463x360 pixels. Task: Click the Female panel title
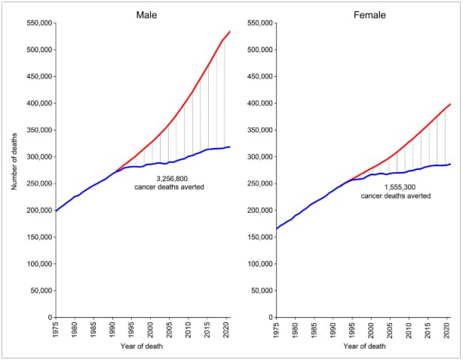(366, 14)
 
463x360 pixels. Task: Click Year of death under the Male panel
(143, 346)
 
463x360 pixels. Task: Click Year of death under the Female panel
(364, 346)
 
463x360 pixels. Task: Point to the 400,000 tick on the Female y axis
(258, 103)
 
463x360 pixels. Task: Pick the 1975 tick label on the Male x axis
(55, 330)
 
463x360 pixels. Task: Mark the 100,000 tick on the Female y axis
(258, 264)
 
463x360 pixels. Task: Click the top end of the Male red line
(230, 32)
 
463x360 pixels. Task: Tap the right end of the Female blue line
(451, 164)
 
